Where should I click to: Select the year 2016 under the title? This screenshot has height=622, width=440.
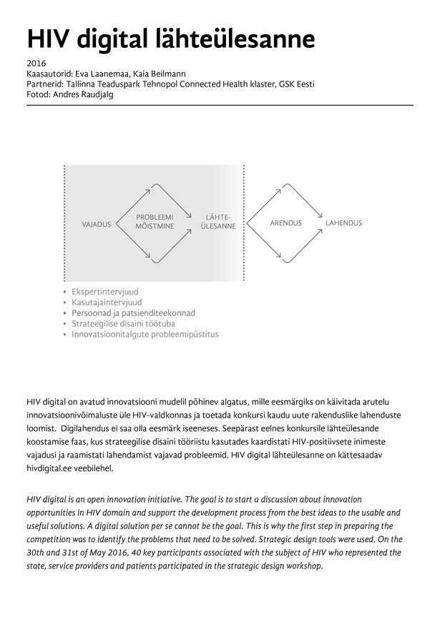35,64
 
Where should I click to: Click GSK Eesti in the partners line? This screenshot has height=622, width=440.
294,84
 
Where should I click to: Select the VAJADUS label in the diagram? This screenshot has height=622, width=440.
97,224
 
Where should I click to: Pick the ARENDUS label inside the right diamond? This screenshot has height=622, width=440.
285,223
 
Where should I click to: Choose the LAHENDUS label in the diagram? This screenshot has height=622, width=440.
343,223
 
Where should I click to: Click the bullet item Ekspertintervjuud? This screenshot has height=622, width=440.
106,292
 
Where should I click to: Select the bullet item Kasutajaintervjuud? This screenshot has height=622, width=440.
107,302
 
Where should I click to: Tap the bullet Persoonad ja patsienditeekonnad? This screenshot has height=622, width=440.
133,313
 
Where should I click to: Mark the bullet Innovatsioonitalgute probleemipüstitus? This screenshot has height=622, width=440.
145,334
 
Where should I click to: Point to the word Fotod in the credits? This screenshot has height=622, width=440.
37,94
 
